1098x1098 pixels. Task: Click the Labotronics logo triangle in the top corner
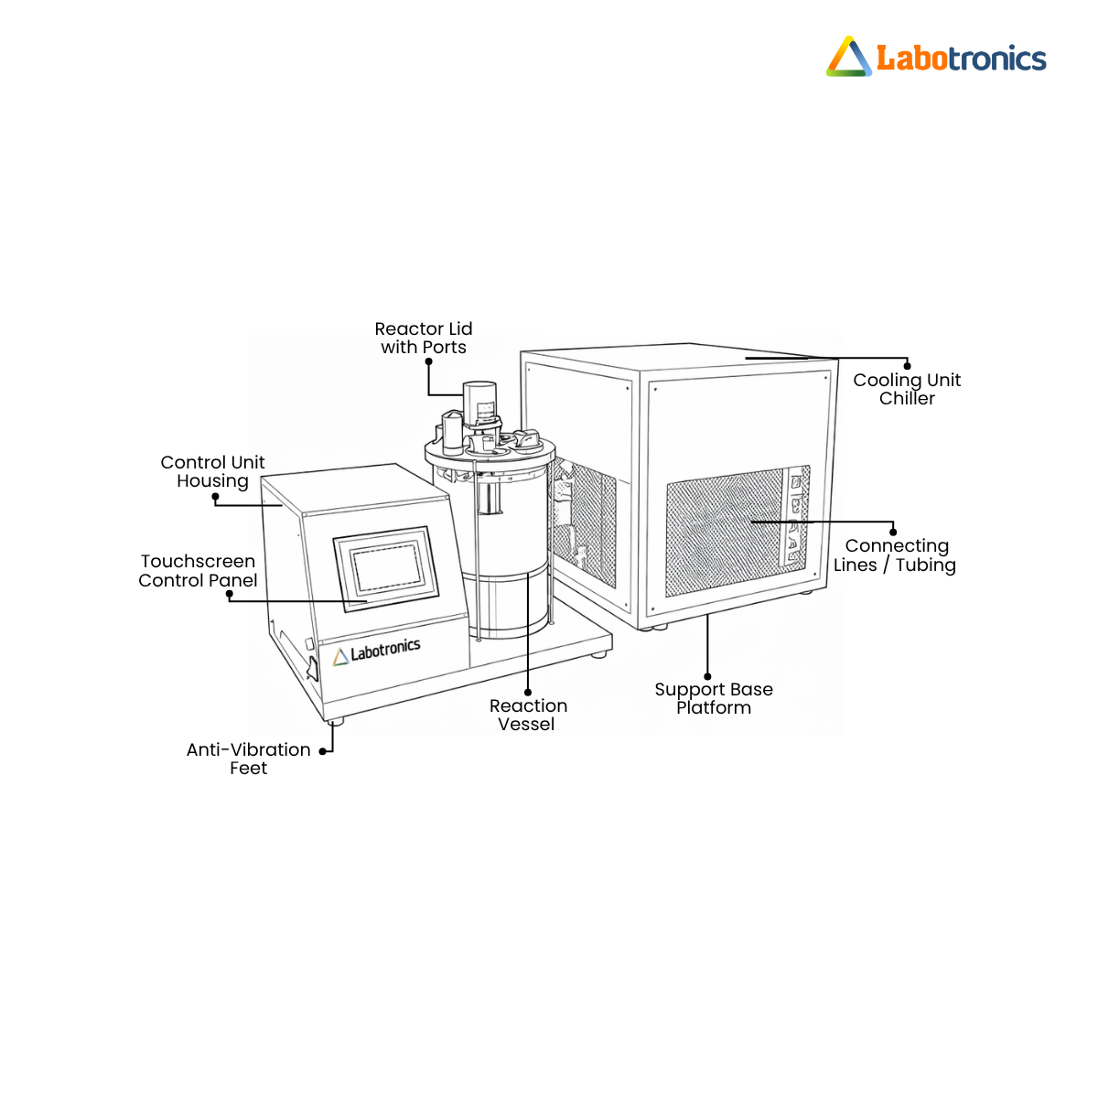[848, 57]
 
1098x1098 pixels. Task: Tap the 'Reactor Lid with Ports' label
[423, 338]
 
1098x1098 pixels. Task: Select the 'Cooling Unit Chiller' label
[906, 389]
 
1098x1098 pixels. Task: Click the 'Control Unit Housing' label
[212, 471]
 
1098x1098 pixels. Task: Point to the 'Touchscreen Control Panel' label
[198, 571]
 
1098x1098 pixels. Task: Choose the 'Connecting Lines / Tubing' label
[895, 555]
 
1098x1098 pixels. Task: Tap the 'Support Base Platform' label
[714, 698]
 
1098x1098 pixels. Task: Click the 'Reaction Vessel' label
[528, 716]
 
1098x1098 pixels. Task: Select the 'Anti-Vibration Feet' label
[249, 759]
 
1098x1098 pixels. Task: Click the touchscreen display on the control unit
[386, 568]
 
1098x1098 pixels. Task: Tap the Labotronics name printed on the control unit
[385, 651]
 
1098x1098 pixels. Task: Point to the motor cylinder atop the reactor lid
[479, 403]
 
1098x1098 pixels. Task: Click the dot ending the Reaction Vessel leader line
[528, 693]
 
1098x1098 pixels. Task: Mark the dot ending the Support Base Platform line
[707, 676]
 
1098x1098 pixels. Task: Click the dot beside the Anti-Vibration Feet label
[322, 751]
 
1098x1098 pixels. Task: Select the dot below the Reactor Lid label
[428, 361]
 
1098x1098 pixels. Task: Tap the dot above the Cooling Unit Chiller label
[907, 366]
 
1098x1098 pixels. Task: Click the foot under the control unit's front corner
[336, 721]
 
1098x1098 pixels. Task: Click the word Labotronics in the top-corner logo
[962, 59]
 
